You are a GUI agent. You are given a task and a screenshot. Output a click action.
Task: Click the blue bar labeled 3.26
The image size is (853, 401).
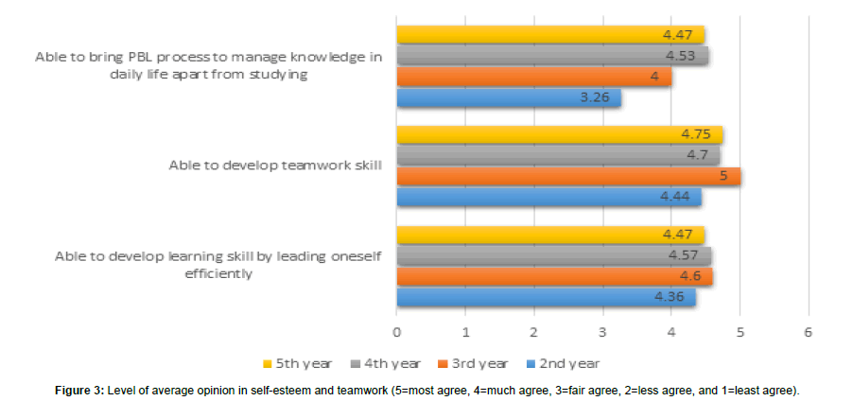point(509,97)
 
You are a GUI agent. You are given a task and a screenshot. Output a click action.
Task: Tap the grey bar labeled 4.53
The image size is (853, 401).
point(552,56)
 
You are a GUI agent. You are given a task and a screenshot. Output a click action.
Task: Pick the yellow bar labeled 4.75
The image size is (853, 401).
point(559,134)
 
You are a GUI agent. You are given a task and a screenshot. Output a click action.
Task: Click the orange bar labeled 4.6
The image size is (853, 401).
point(554,276)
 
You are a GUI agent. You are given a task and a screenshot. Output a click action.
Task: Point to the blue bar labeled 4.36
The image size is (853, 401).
point(546,297)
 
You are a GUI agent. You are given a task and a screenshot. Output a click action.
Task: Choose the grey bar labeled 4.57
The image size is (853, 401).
point(553,255)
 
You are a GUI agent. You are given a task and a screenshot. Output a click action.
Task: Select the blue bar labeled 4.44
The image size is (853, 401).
point(548,197)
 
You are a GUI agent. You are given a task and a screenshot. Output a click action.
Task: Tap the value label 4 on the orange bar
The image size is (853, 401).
point(654,77)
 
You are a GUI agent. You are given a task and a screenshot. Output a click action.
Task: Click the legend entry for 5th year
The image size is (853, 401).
point(298,363)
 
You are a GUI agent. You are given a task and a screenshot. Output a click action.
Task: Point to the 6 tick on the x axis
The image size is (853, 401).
point(808,332)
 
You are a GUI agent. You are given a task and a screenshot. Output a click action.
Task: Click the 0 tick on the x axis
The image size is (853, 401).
point(397,332)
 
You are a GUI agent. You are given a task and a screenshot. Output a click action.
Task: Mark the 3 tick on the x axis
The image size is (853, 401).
point(602,332)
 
